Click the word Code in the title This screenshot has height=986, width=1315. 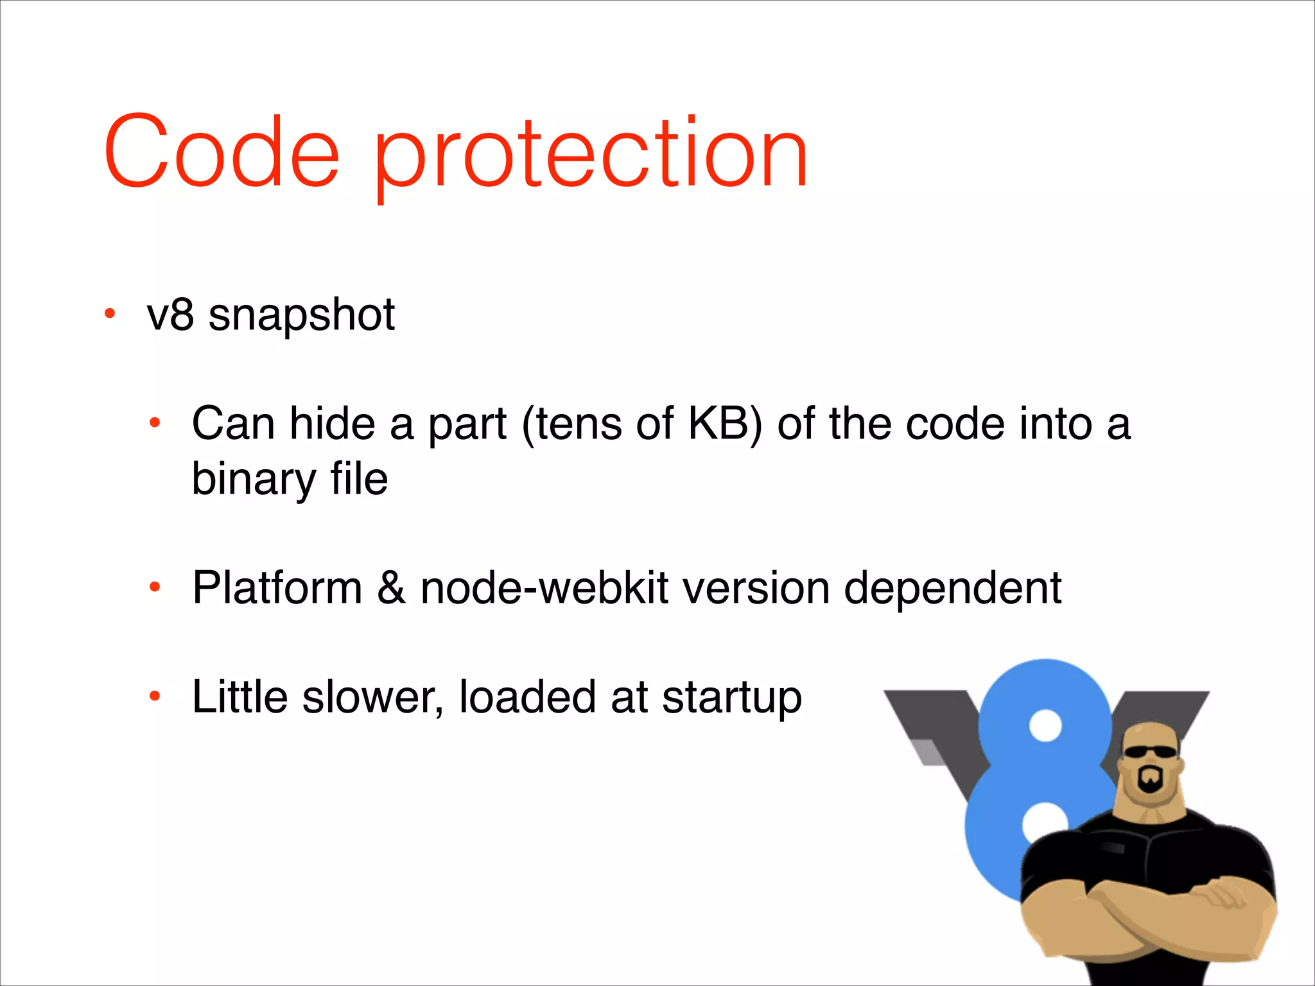click(222, 153)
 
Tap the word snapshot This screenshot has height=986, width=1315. click(301, 316)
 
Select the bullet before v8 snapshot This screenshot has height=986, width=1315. click(110, 315)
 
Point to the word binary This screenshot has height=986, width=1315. click(254, 480)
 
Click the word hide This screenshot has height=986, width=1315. click(332, 424)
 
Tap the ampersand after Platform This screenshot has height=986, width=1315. click(391, 588)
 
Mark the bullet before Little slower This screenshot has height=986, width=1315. click(154, 696)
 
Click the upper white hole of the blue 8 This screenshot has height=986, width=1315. click(1046, 725)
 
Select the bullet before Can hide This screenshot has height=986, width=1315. click(154, 423)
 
